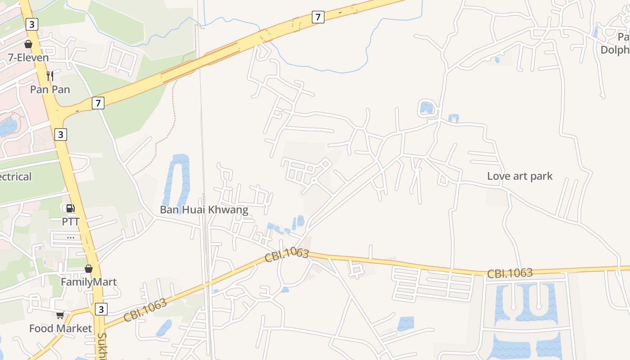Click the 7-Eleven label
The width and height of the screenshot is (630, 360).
(28, 58)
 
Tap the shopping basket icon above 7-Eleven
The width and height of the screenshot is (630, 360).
(28, 44)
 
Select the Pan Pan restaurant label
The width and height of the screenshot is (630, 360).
(50, 89)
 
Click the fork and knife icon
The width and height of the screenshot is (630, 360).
(50, 76)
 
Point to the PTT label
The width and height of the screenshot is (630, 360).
(71, 221)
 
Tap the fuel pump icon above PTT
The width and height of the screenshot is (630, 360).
(71, 208)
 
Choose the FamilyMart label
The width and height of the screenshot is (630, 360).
(89, 282)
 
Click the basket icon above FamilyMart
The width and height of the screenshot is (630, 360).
(89, 269)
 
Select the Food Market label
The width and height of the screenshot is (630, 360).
(60, 328)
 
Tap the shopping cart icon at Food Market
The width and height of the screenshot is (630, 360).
(60, 315)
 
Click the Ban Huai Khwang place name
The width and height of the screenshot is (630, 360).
(204, 210)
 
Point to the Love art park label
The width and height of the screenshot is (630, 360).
(520, 176)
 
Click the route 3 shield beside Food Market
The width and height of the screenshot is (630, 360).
(101, 309)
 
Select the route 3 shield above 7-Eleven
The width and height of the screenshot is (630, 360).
(31, 24)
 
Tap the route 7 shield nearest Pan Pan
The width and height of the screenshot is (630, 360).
(98, 103)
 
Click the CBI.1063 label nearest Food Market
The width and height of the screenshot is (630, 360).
(145, 310)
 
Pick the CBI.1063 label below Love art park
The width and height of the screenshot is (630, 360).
(510, 273)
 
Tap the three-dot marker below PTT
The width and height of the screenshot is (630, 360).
(71, 237)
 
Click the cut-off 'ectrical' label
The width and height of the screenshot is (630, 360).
(16, 176)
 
